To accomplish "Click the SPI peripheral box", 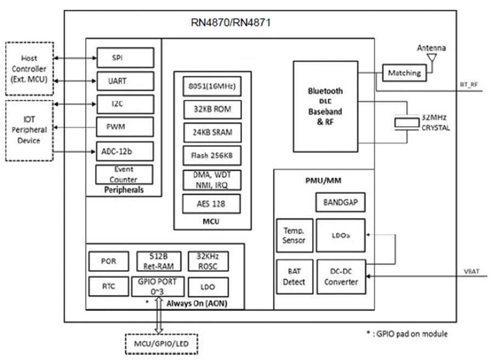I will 125,57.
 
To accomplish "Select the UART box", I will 125,81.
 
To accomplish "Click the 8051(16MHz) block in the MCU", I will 212,86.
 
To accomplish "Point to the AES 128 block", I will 212,204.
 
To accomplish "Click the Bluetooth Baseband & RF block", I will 325,106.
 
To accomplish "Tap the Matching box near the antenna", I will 404,72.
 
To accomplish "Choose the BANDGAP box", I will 340,203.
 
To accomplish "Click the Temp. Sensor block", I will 294,235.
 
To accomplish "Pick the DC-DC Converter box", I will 341,276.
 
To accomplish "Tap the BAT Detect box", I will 294,276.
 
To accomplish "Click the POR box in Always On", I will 109,261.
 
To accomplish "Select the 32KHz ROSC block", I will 208,261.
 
